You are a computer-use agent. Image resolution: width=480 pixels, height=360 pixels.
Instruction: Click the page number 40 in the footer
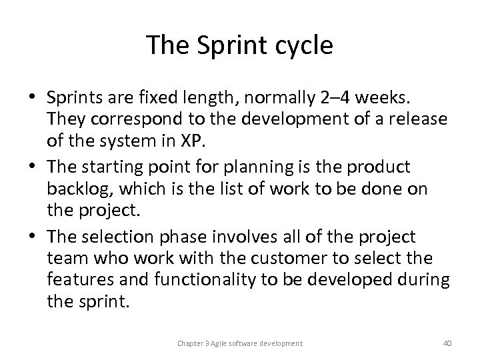(447, 343)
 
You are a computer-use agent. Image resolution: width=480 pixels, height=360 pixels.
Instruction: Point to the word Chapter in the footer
(190, 343)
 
